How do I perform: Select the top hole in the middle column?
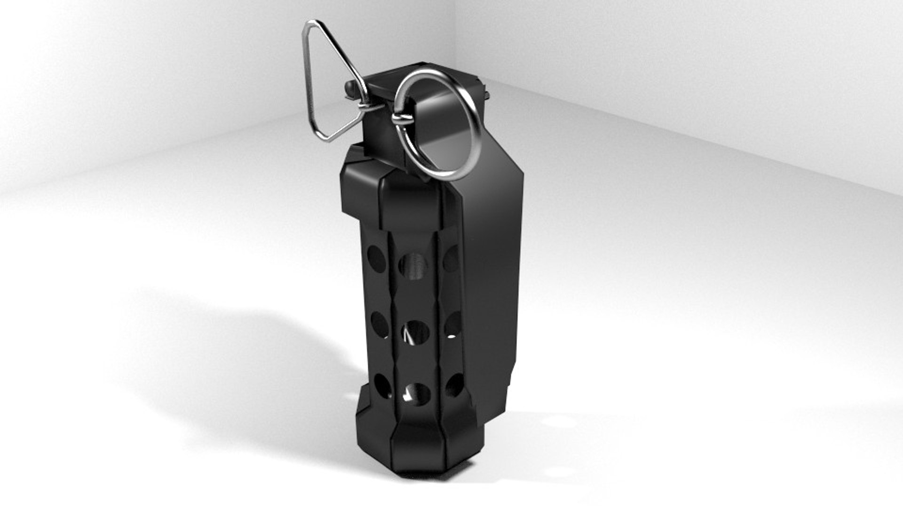[x=414, y=266]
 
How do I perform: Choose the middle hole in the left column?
[x=379, y=325]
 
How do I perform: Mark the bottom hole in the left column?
[x=382, y=386]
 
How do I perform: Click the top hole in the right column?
[x=451, y=258]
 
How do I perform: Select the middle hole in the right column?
[x=452, y=325]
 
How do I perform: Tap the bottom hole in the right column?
[x=454, y=385]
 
